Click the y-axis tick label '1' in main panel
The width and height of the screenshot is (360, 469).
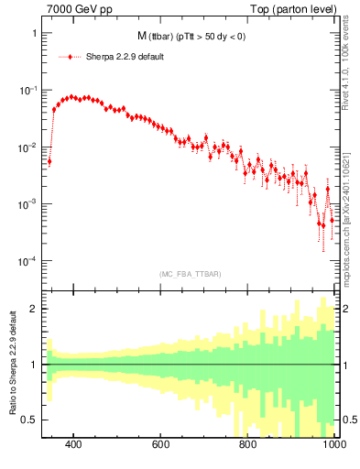click(x=34, y=34)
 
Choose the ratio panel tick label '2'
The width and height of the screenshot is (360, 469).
click(x=34, y=309)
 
